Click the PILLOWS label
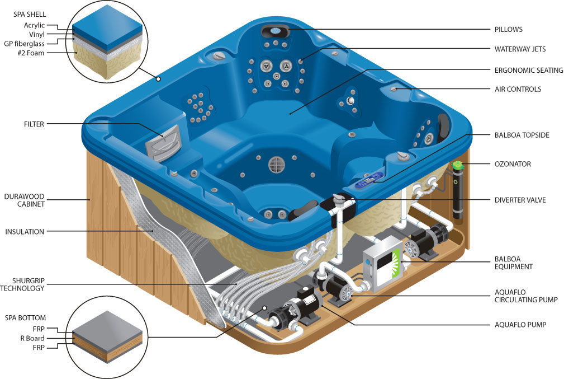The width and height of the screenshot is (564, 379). (x=508, y=29)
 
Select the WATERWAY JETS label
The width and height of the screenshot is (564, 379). (x=520, y=49)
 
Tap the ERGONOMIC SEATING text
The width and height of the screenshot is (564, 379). (x=529, y=70)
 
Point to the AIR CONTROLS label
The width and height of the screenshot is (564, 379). (x=518, y=89)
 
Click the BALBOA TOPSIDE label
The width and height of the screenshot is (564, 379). (x=522, y=135)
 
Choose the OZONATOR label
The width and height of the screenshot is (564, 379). (x=513, y=164)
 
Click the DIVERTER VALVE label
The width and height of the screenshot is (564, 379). (x=520, y=199)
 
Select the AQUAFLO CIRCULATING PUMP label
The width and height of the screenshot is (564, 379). (x=526, y=296)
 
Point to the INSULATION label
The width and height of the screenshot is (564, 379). (x=25, y=231)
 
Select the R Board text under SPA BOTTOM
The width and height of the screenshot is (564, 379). (x=32, y=338)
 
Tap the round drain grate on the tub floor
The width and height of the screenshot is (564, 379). (x=277, y=163)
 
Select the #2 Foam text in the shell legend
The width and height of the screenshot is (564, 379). (x=30, y=53)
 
